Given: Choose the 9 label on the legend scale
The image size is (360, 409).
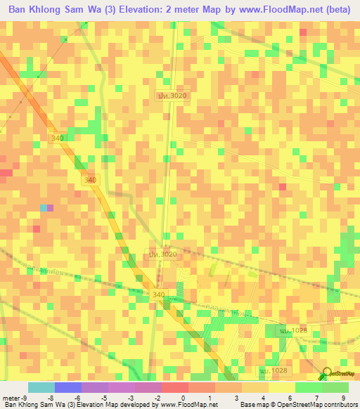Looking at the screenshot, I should [344, 397].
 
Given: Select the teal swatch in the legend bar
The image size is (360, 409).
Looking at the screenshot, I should [41, 387].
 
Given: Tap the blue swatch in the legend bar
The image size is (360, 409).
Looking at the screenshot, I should [68, 387].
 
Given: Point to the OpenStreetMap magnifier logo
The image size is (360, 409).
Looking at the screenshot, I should [327, 375].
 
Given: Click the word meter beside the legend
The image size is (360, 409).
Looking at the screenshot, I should [12, 397].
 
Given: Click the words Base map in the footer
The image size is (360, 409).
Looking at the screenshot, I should [251, 405].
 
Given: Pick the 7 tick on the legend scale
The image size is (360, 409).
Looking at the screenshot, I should [317, 397].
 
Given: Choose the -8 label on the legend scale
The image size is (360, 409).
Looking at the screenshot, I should [51, 397].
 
